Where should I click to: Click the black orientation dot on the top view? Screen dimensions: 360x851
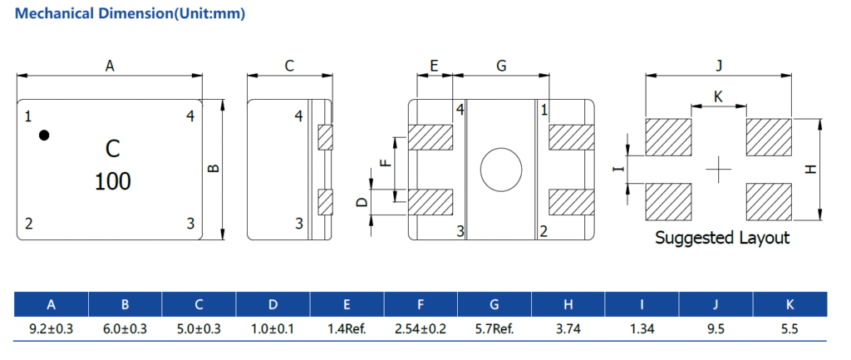click(x=45, y=135)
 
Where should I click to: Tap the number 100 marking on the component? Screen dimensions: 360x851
click(x=112, y=181)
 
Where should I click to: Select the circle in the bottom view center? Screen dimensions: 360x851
click(x=501, y=169)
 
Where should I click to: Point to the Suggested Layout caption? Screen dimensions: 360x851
click(x=721, y=238)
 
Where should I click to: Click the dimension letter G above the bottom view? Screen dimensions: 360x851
click(x=500, y=66)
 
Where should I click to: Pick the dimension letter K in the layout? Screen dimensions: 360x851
click(x=718, y=97)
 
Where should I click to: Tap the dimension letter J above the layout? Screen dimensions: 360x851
click(x=719, y=66)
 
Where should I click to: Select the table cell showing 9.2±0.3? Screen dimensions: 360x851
click(x=52, y=328)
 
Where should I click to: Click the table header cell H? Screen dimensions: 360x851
click(x=568, y=304)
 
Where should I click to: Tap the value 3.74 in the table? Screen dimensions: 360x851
click(x=568, y=328)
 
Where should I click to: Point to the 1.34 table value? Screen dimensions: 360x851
click(x=642, y=328)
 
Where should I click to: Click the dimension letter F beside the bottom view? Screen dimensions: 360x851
click(x=384, y=163)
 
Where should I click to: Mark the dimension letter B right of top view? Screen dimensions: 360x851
click(x=214, y=169)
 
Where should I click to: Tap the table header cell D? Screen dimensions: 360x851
click(x=273, y=304)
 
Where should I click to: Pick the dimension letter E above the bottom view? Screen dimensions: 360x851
click(x=434, y=66)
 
